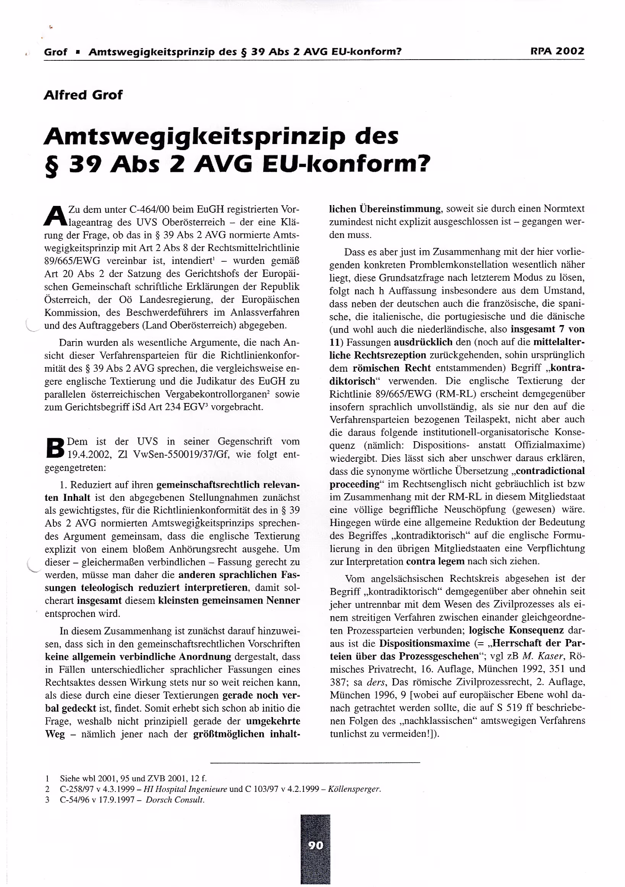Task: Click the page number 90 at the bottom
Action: tap(316, 846)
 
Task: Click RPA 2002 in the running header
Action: tap(557, 51)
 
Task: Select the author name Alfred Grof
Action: tap(83, 95)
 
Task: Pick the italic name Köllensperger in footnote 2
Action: tap(354, 789)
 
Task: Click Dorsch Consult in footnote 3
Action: tap(175, 799)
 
